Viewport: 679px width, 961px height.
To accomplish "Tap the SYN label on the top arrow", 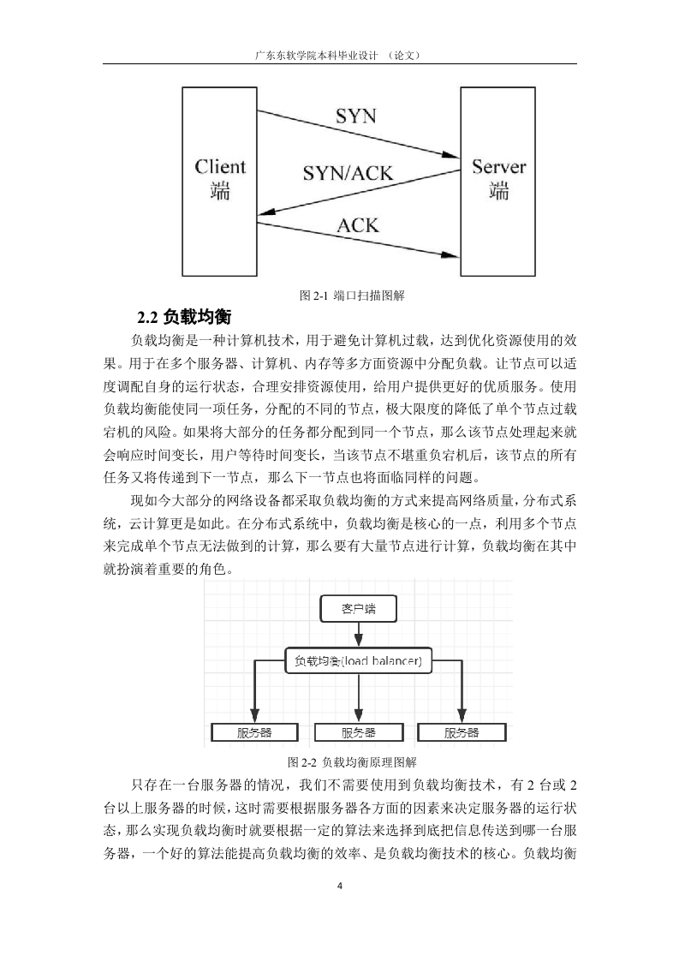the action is pyautogui.click(x=356, y=116).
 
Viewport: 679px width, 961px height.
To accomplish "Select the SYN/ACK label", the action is pyautogui.click(x=348, y=173).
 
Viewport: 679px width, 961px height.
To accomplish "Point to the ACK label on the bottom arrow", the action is pyautogui.click(x=358, y=225).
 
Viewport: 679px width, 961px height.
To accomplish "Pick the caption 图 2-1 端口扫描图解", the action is pyautogui.click(x=352, y=295).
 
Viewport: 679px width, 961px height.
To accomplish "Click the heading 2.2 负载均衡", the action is pyautogui.click(x=184, y=317).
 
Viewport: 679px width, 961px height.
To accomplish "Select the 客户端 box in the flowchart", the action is pyautogui.click(x=359, y=609).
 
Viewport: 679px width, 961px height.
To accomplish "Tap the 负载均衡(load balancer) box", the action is pyautogui.click(x=359, y=660).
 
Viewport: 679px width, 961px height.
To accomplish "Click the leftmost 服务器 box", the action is pyautogui.click(x=254, y=732).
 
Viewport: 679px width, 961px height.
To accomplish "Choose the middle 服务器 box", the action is pyautogui.click(x=359, y=732).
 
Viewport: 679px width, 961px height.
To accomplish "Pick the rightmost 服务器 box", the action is pyautogui.click(x=462, y=732).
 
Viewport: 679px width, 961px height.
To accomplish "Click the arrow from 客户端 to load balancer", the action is pyautogui.click(x=359, y=635).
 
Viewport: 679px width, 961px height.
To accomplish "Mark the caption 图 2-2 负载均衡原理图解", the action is pyautogui.click(x=352, y=762).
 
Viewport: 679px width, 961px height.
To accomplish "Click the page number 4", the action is pyautogui.click(x=339, y=886).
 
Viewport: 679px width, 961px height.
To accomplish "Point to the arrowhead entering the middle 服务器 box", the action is pyautogui.click(x=359, y=717).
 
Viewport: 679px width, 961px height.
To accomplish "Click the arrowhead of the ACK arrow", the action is pyautogui.click(x=452, y=254).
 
